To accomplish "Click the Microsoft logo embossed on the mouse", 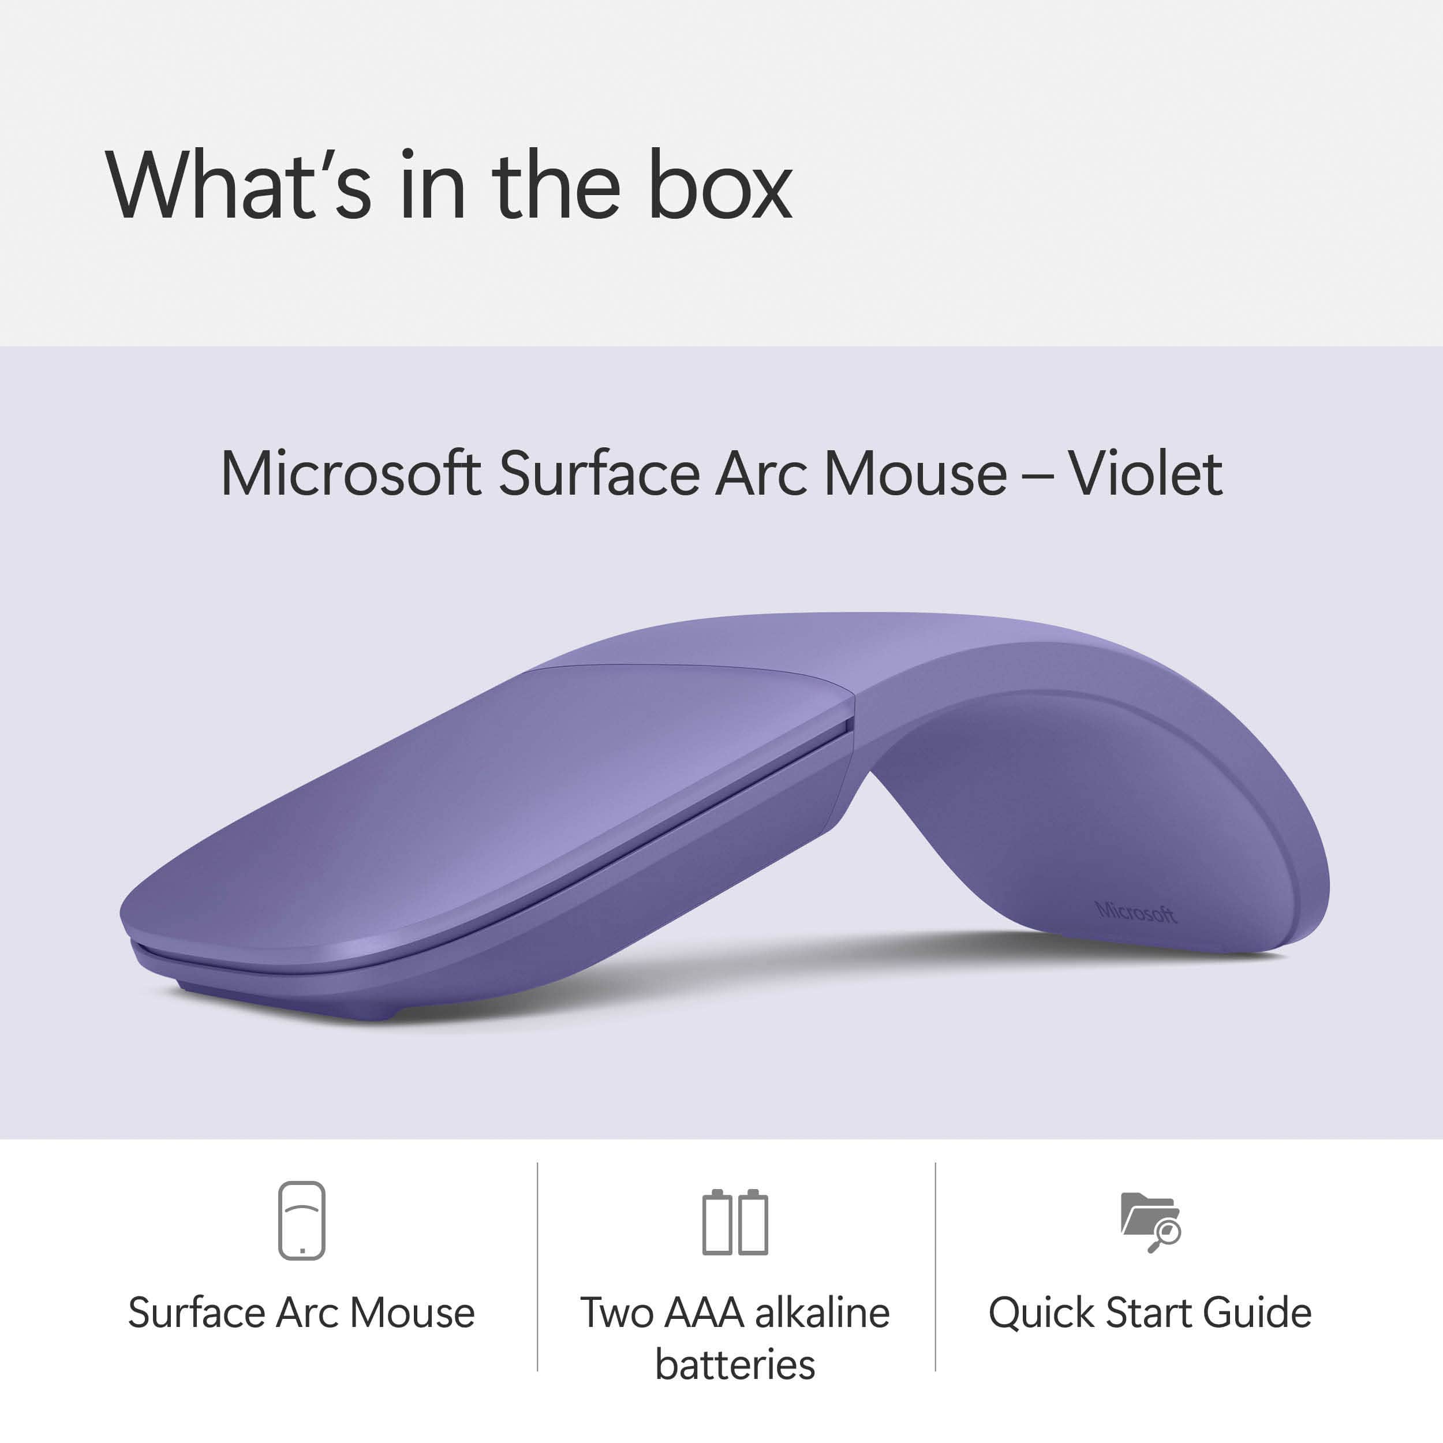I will point(1135,912).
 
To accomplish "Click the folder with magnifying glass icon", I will point(1150,1222).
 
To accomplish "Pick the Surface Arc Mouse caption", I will point(302,1313).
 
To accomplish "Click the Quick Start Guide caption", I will point(1150,1313).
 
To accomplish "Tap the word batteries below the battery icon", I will point(735,1365).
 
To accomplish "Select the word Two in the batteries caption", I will point(617,1313).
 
